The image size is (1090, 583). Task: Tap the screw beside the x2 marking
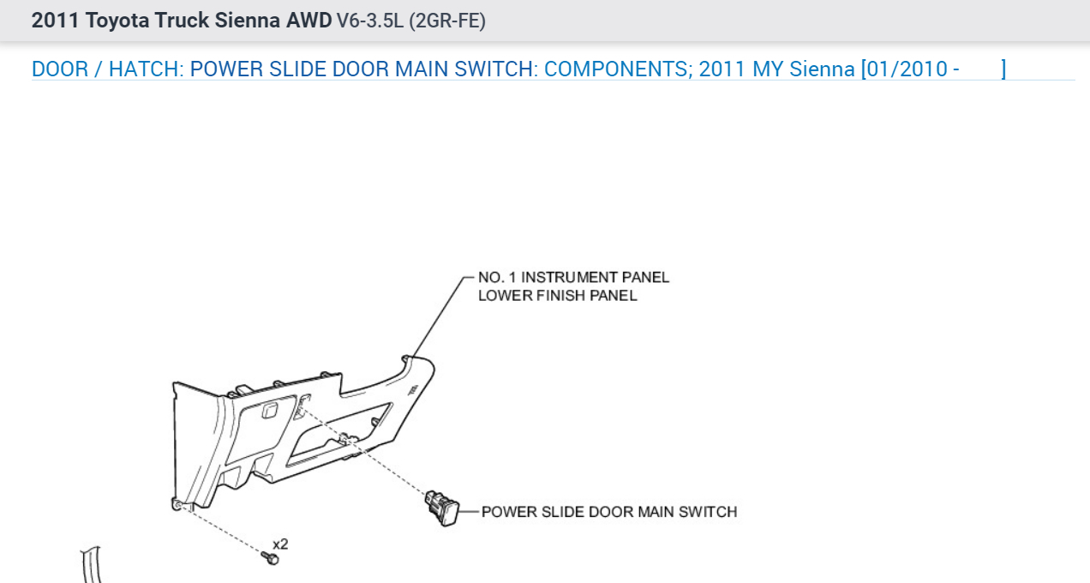pyautogui.click(x=272, y=558)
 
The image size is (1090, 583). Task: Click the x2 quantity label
pyautogui.click(x=280, y=544)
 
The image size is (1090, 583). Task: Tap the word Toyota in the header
pyautogui.click(x=117, y=21)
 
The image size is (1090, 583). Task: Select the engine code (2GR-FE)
pyautogui.click(x=447, y=21)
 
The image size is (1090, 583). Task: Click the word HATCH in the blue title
pyautogui.click(x=144, y=69)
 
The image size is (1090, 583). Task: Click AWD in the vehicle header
pyautogui.click(x=310, y=21)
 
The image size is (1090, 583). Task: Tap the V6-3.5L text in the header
pyautogui.click(x=370, y=21)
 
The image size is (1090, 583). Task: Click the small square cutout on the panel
pyautogui.click(x=268, y=411)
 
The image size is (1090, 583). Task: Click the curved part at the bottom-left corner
pyautogui.click(x=90, y=566)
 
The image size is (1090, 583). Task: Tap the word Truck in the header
pyautogui.click(x=181, y=21)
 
